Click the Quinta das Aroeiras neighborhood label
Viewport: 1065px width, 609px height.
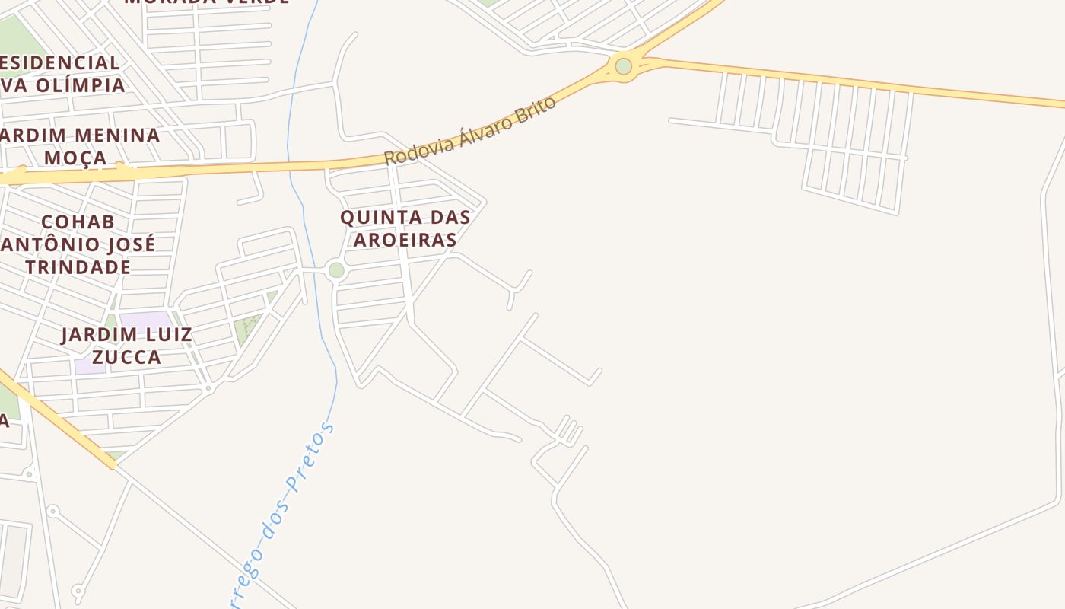405,228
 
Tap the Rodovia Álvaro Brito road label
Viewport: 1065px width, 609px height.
469,131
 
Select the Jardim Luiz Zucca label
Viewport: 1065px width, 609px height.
126,346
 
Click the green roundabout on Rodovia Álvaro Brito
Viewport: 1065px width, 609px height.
624,66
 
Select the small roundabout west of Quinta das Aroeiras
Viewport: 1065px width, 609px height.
336,270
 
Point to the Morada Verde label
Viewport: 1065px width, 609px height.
207,2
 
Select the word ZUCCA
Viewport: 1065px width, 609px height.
126,357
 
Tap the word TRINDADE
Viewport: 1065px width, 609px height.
78,267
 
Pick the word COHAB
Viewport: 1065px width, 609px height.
78,222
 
